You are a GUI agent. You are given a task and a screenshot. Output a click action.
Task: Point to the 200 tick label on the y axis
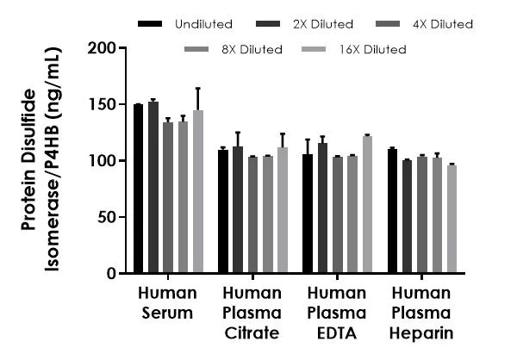tap(103, 47)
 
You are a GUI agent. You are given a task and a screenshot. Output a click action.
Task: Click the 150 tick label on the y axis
tap(103, 104)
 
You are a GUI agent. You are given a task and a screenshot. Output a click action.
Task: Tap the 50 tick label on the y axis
tap(106, 217)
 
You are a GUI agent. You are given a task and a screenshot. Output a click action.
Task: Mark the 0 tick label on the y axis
tap(110, 274)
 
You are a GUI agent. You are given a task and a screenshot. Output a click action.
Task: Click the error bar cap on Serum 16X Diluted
tap(198, 88)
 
